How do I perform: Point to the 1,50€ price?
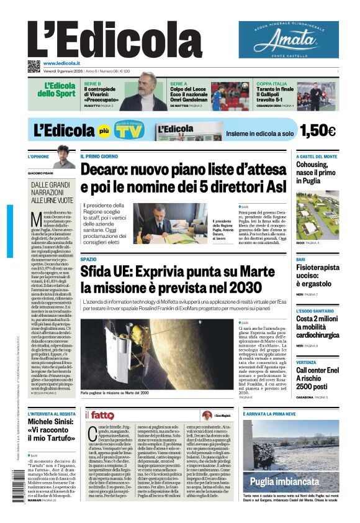[x=317, y=131]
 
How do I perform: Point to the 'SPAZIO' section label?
[x=88, y=259]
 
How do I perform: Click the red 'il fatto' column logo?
[x=99, y=415]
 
